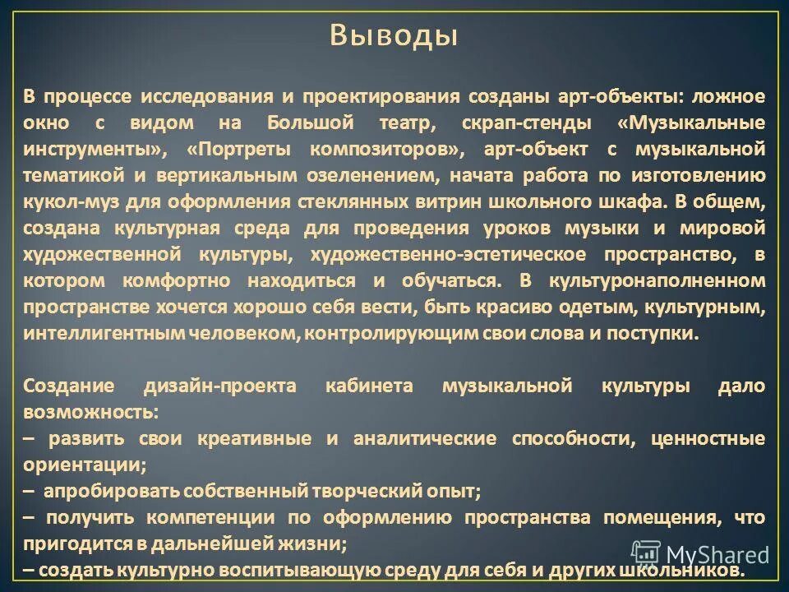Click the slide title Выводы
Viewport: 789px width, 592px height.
(x=394, y=36)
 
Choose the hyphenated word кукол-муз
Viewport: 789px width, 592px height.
(x=66, y=202)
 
